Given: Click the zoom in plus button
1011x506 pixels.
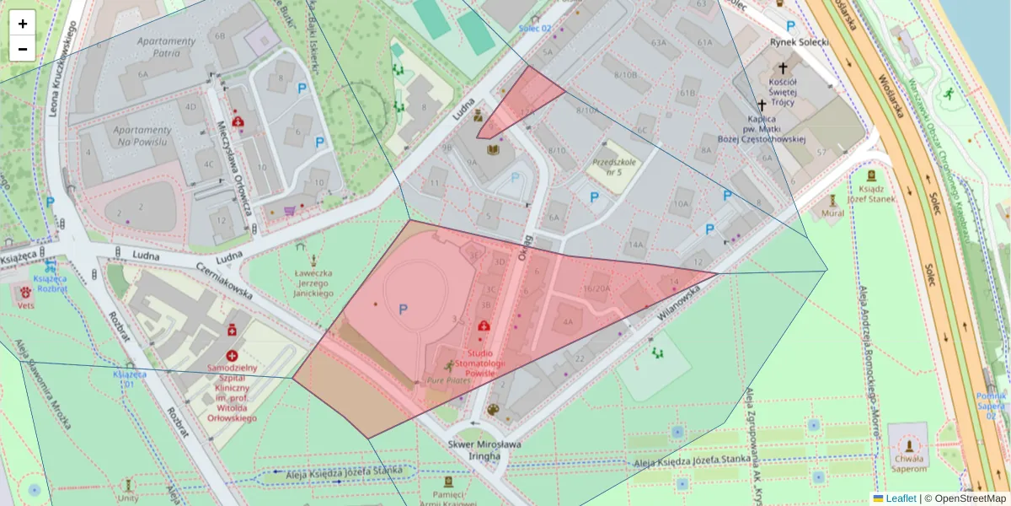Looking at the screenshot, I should [23, 24].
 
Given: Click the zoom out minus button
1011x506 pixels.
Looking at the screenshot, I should [23, 49].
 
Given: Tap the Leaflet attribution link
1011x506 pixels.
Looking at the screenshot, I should [901, 498].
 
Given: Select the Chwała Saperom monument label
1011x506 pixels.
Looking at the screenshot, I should [909, 463].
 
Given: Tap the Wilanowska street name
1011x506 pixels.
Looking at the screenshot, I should [678, 306].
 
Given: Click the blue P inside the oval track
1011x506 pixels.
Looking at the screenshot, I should [403, 310].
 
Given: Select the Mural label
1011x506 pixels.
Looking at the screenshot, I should [832, 213].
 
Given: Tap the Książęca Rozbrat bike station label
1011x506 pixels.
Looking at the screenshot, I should [49, 283].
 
